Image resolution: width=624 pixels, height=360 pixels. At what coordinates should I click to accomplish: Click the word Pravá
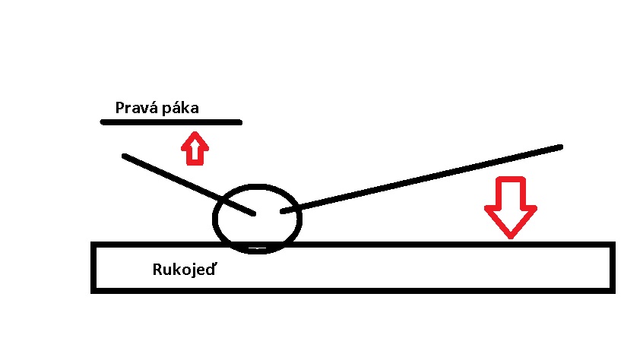pos(134,108)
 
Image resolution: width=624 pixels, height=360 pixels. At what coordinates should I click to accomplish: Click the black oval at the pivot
pos(258,188)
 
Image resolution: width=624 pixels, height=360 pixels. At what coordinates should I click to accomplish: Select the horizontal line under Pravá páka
pos(171,122)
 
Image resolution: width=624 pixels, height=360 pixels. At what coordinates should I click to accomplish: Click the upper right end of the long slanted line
pos(560,147)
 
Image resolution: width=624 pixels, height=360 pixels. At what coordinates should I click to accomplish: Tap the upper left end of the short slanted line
pos(125,157)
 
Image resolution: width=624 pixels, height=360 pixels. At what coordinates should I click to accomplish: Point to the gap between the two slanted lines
pos(268,213)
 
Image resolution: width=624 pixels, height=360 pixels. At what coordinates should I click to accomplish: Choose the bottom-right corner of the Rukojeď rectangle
pos(611,289)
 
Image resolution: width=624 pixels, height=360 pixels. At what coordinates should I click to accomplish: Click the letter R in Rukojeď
pos(157,270)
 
